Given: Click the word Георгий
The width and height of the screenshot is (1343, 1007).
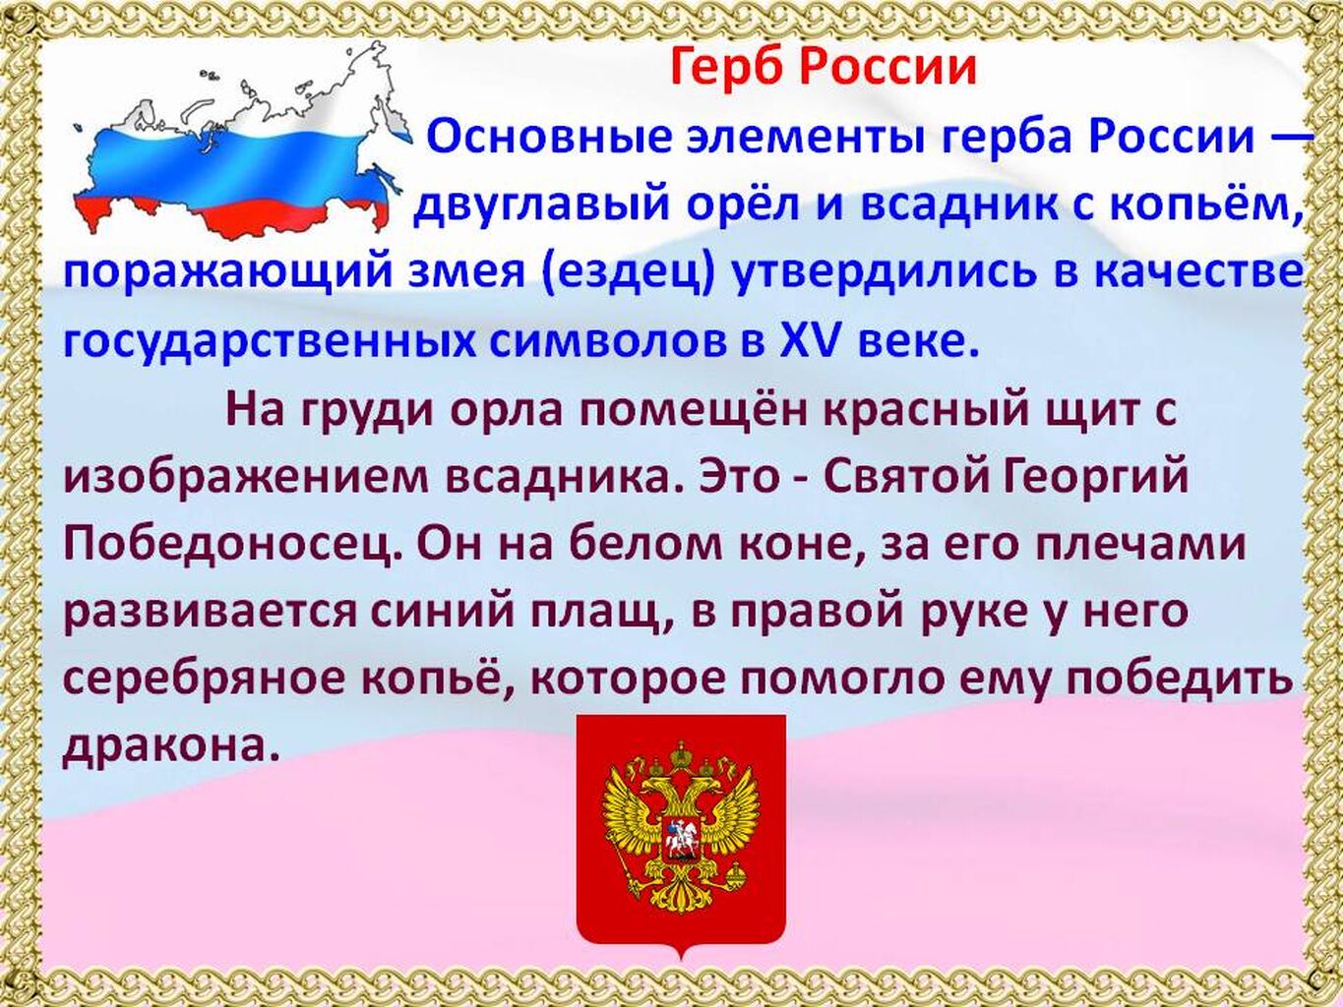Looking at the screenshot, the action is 1094,476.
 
